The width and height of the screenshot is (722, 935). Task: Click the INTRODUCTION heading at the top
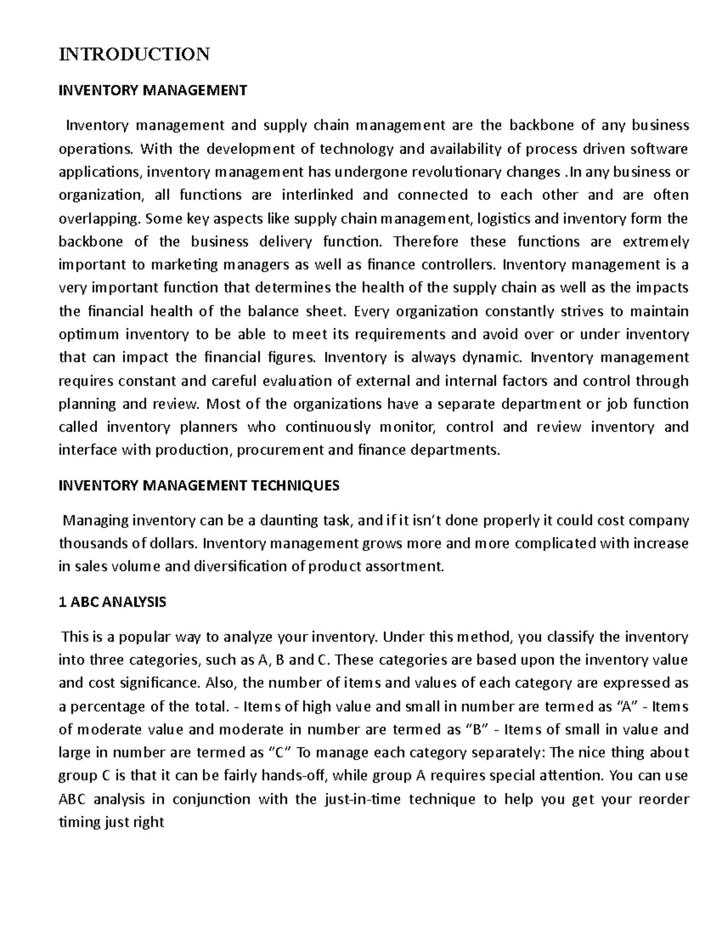click(x=134, y=54)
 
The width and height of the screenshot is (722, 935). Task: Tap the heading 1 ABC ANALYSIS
click(x=112, y=601)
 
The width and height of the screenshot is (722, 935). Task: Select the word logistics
click(x=513, y=219)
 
